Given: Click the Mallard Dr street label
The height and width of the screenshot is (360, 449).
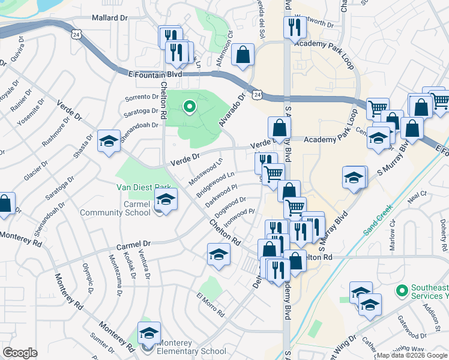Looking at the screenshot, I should (110, 18).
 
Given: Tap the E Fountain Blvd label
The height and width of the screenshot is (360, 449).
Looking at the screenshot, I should (155, 74).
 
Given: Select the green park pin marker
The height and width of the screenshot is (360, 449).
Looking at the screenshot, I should (190, 107).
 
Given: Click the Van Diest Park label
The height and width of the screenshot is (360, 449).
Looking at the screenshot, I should (144, 187).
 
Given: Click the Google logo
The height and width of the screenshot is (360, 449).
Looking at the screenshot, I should (20, 352).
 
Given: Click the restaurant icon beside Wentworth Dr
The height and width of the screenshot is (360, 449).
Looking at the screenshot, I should (294, 27).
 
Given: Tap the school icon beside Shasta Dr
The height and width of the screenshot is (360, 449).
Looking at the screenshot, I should (108, 142).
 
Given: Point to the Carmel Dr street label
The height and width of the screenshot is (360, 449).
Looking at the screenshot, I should (133, 245).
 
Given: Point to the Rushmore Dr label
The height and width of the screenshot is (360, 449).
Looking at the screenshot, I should (56, 132).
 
